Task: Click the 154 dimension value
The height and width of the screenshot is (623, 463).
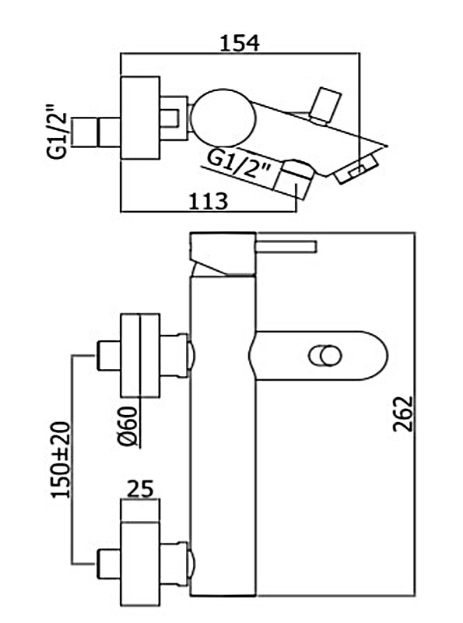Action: point(240,43)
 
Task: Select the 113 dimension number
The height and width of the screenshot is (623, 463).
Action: point(208,202)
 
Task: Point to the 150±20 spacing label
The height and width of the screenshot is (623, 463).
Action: point(61,459)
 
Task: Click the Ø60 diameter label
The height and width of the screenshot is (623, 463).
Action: point(128,426)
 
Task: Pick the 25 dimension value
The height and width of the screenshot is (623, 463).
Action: point(140,488)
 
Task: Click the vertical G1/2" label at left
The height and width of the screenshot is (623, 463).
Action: point(56,132)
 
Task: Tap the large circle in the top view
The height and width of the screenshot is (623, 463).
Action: point(223,118)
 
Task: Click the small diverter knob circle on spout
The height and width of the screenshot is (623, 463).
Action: point(324,356)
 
